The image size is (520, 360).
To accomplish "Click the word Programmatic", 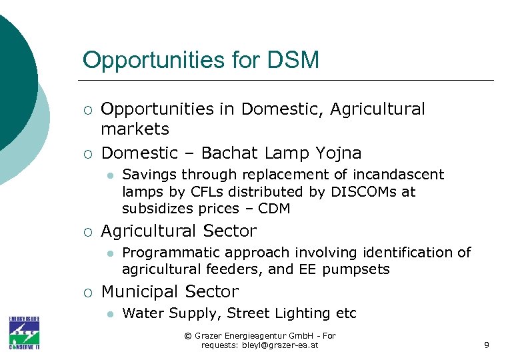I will (166, 253).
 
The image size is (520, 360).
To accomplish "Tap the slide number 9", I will (486, 345).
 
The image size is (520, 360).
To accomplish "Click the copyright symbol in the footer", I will (187, 336).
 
